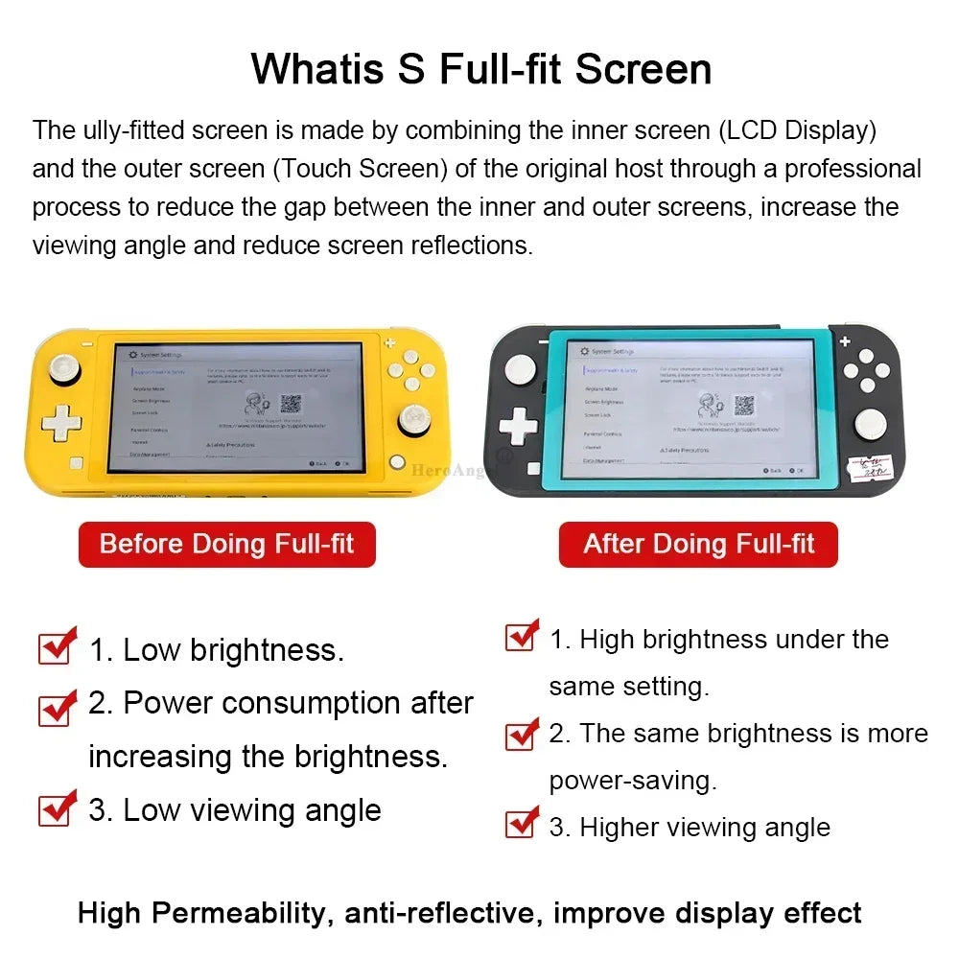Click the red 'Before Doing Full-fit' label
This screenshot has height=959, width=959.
tap(226, 545)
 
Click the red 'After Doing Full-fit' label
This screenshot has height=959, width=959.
tap(698, 545)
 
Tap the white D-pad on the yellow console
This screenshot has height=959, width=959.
tap(60, 422)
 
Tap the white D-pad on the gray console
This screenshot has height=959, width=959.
tap(519, 426)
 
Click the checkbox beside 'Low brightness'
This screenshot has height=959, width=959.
tap(57, 648)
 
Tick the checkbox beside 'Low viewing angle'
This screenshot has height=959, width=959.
tap(57, 808)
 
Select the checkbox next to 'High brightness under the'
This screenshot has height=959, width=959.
tap(521, 636)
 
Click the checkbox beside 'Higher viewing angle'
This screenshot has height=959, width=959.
tap(521, 823)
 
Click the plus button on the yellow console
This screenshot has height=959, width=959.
tap(389, 342)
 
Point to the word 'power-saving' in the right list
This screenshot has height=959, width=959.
tap(632, 781)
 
